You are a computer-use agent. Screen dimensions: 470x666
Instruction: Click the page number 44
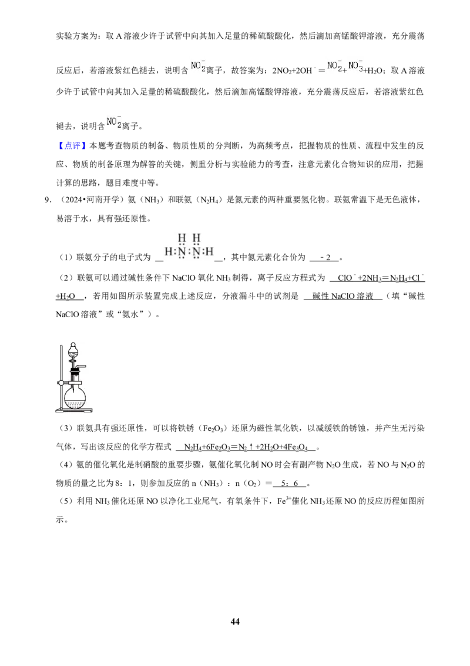tap(235, 621)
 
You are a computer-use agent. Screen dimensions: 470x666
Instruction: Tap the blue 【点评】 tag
tap(71, 146)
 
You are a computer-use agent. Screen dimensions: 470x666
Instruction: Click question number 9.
tap(48, 199)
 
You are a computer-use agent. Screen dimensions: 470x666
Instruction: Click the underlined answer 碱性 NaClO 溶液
tap(343, 296)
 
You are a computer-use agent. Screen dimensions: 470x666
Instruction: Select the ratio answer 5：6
tap(290, 484)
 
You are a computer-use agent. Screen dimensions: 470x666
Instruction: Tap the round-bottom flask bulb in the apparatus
tap(75, 398)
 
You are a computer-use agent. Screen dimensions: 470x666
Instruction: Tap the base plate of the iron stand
tap(74, 410)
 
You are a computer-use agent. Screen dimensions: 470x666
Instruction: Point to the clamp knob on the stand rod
tap(61, 382)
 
